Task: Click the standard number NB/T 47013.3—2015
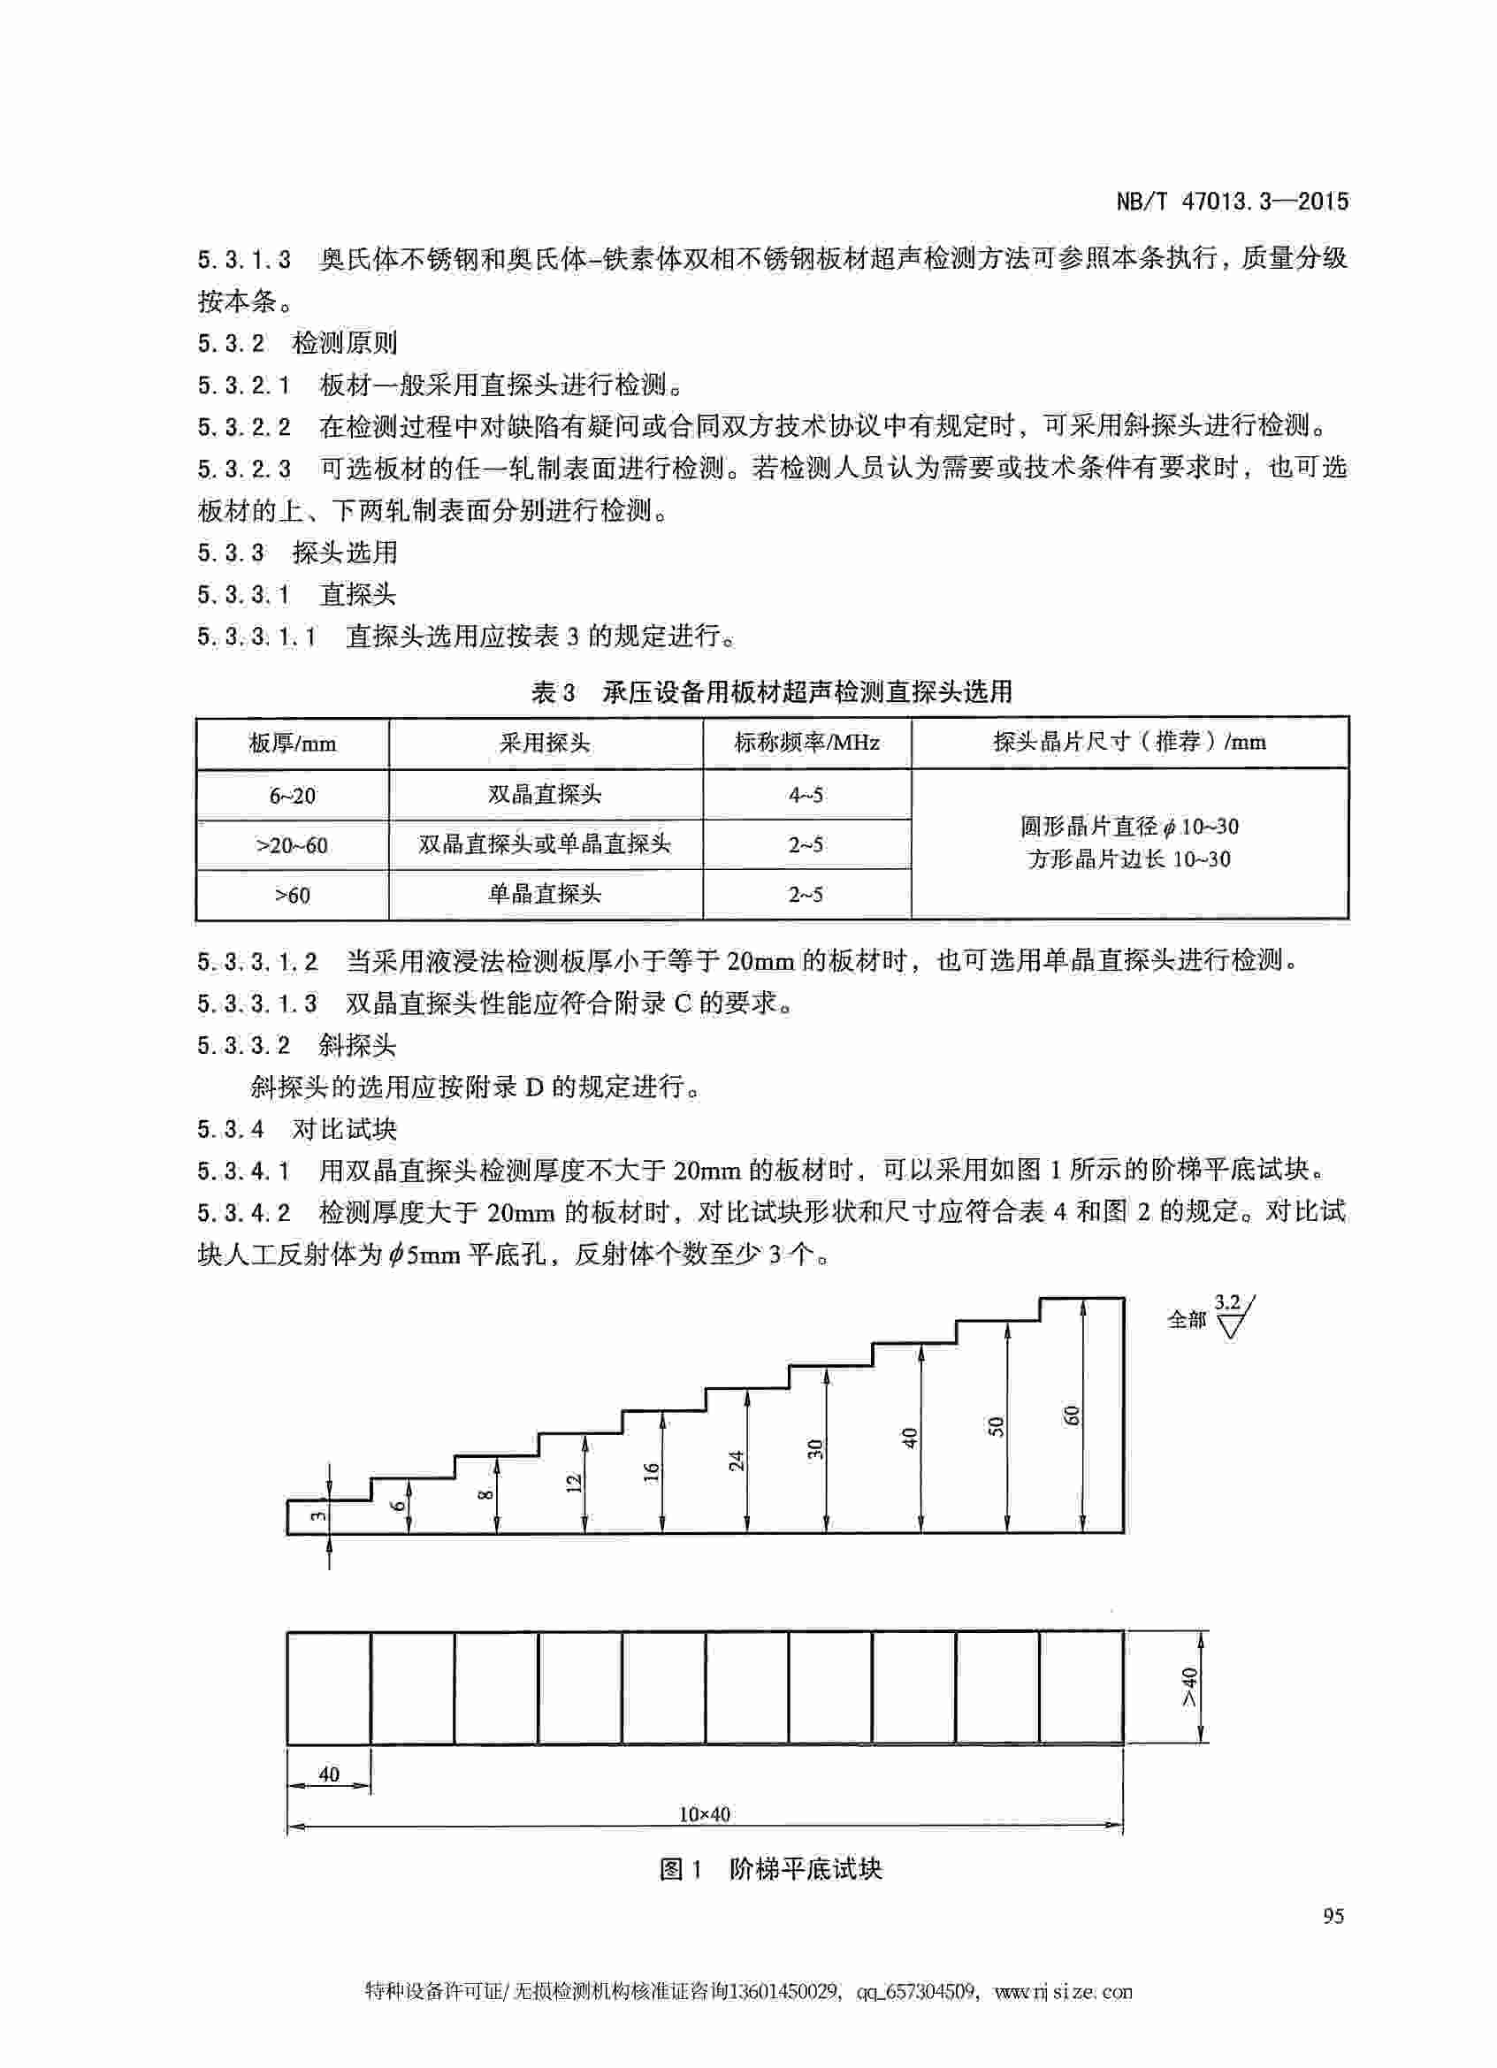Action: [1232, 202]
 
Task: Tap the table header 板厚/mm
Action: [292, 744]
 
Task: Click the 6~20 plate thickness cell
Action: [292, 795]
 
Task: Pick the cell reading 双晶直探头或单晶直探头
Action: [545, 844]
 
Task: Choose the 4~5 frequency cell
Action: [806, 795]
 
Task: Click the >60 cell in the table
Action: [292, 895]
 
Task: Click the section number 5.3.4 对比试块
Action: [297, 1129]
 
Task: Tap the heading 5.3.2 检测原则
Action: [297, 343]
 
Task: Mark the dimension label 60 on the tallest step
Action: [1073, 1416]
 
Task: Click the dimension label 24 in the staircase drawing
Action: [737, 1460]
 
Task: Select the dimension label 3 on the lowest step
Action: [317, 1516]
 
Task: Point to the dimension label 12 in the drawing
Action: [574, 1483]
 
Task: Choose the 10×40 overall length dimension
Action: [704, 1813]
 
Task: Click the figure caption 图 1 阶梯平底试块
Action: [770, 1869]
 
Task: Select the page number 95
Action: [1333, 1915]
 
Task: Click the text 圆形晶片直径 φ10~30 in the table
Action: [1128, 827]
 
